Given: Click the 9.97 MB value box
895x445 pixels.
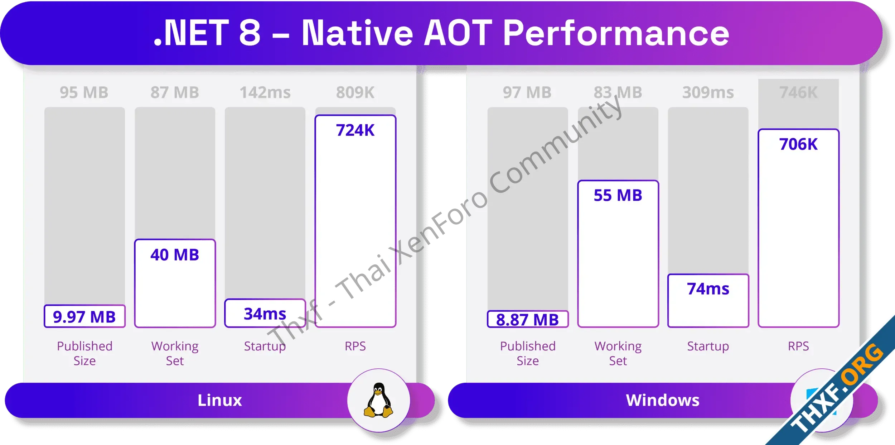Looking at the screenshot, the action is pyautogui.click(x=84, y=316).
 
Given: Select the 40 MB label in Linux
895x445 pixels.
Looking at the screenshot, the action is pyautogui.click(x=175, y=255).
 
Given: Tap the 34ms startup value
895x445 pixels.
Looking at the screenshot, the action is pyautogui.click(x=265, y=314).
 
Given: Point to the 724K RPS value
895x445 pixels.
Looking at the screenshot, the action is pyautogui.click(x=355, y=130).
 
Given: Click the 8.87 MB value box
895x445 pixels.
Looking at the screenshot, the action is pyautogui.click(x=528, y=319).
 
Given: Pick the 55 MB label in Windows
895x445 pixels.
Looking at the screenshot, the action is pyautogui.click(x=618, y=195).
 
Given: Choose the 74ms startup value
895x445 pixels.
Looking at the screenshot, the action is pyautogui.click(x=708, y=288).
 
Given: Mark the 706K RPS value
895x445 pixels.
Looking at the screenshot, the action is pyautogui.click(x=798, y=144).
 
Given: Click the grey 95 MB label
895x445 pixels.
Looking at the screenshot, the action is pyautogui.click(x=84, y=92).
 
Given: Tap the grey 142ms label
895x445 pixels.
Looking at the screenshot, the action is pyautogui.click(x=265, y=92).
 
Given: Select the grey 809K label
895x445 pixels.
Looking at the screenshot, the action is pyautogui.click(x=355, y=92).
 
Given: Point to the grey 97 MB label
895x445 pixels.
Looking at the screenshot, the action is pyautogui.click(x=527, y=92).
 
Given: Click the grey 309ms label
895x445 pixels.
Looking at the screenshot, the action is pyautogui.click(x=708, y=92).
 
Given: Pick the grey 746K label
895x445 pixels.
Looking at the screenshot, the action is pyautogui.click(x=798, y=92).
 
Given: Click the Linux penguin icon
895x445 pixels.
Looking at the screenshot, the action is pyautogui.click(x=378, y=400).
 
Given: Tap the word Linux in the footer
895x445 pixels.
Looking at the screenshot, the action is pyautogui.click(x=220, y=400).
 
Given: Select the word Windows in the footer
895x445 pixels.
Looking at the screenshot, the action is pyautogui.click(x=663, y=400).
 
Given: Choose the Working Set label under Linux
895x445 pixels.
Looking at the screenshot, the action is pyautogui.click(x=175, y=353).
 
